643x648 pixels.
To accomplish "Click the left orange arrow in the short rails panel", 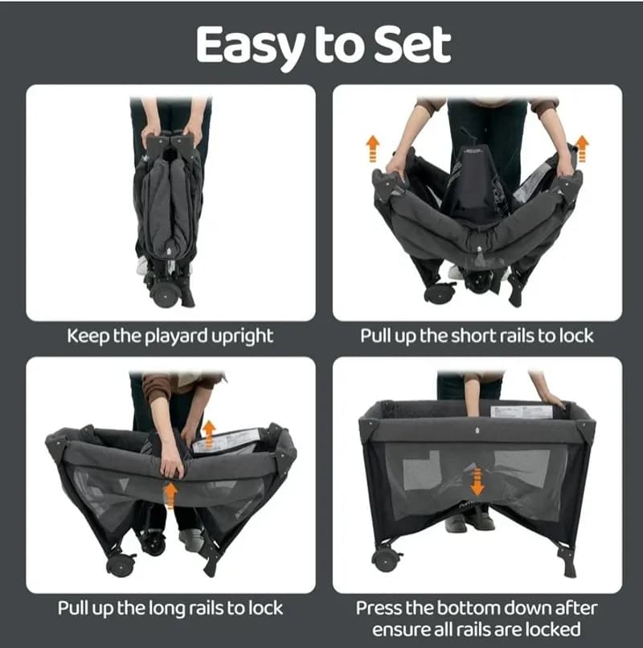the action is coord(372,148).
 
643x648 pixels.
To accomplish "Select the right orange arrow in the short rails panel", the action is coord(582,148).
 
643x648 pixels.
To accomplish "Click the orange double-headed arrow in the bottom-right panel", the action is coord(477,481).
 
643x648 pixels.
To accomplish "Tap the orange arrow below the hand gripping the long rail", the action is coord(170,495).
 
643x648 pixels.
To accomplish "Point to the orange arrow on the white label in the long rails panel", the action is coord(210,433).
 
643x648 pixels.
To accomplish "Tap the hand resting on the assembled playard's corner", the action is coord(552,400).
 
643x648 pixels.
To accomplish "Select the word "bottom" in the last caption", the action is coord(466,608).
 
